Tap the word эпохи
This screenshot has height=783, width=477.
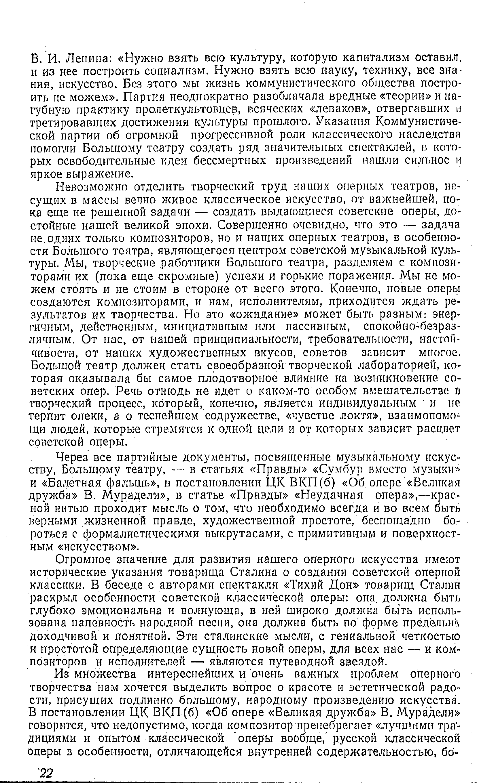[x=195, y=225]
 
